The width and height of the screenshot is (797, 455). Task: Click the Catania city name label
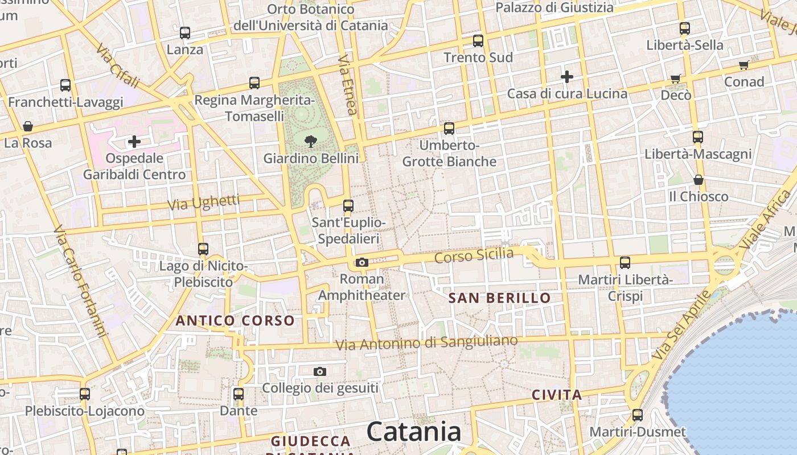coord(414,432)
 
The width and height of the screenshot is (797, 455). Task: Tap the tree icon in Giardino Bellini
coord(311,140)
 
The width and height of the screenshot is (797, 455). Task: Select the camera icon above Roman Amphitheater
coord(361,262)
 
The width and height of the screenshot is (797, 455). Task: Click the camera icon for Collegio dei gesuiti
coord(320,371)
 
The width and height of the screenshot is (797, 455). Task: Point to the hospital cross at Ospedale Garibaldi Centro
coord(134,141)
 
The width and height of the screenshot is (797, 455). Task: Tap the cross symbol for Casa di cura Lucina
coord(567,76)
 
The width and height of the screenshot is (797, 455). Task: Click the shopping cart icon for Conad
coord(743,65)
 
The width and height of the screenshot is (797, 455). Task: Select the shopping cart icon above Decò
coord(676,78)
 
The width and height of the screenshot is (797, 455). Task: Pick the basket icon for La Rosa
coord(28,126)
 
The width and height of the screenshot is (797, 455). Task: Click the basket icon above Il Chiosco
coord(699,180)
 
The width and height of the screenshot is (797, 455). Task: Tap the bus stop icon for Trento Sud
coord(478,41)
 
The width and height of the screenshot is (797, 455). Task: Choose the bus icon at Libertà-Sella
coord(685,28)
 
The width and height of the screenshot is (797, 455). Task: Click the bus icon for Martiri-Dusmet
coord(638,415)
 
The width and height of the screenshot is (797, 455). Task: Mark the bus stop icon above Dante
coord(239,394)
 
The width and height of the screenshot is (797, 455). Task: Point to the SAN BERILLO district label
coord(499,298)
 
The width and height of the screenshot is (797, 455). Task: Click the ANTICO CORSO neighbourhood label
coord(235,321)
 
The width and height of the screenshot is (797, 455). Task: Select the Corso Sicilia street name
coord(474,255)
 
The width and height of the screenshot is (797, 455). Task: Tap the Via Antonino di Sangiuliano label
coord(426,343)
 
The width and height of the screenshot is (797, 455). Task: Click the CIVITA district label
coord(557,395)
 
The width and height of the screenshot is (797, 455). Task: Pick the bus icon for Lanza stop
coord(185,33)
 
